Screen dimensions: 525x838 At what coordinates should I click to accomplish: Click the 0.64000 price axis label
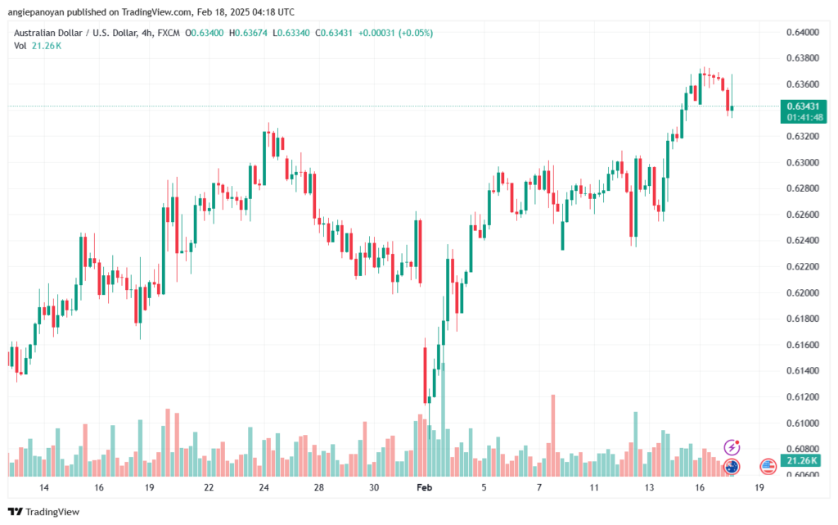coord(801,32)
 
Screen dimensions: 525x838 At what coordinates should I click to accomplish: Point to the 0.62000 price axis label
coord(801,292)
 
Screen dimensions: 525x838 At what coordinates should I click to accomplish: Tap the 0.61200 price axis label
coord(801,396)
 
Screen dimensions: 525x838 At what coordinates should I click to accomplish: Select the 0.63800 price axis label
coord(801,58)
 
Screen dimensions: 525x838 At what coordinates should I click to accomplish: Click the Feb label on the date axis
coord(424,487)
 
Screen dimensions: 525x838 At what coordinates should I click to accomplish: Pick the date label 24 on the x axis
coord(264,487)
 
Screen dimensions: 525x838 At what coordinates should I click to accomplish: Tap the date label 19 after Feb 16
coord(760,487)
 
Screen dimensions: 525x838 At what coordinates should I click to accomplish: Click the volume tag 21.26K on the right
coord(804,462)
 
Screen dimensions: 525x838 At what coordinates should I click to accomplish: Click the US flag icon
coord(768,467)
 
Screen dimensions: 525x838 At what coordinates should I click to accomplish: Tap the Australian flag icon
coord(732,467)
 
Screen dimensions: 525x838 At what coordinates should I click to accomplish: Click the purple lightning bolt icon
coord(732,447)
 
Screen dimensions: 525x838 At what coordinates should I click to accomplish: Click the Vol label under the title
coord(20,46)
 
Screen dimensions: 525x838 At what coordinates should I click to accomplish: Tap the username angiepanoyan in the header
coord(42,12)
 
